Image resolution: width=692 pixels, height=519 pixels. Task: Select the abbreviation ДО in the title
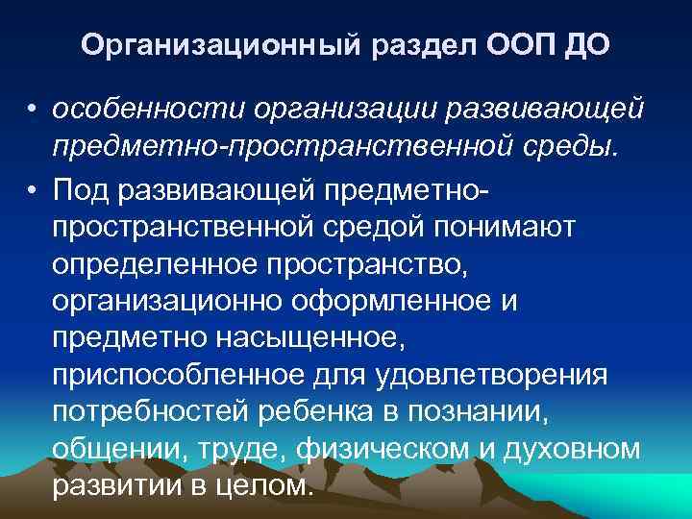click(584, 45)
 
